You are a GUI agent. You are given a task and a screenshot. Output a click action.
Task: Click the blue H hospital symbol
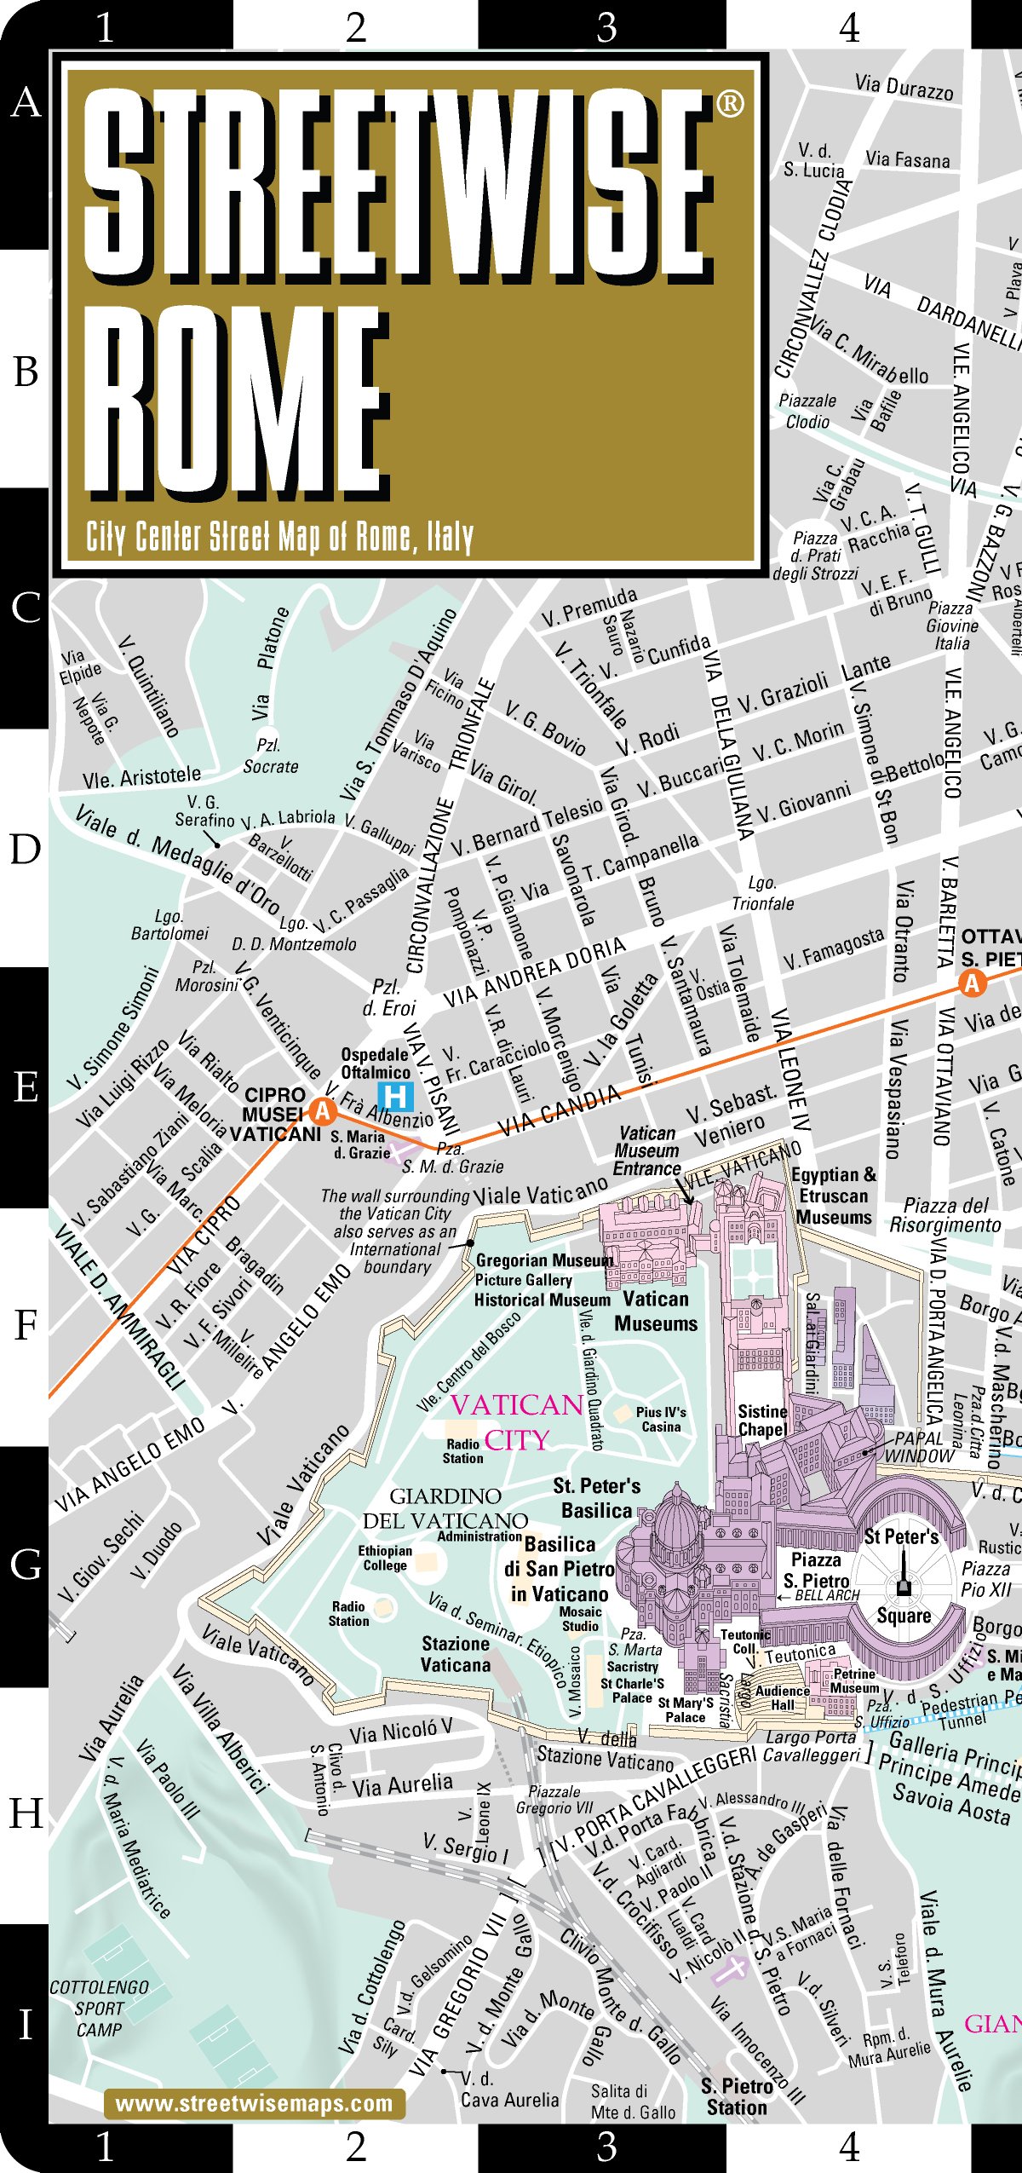(x=395, y=1096)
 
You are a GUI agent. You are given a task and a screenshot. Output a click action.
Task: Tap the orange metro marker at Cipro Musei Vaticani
(x=322, y=1110)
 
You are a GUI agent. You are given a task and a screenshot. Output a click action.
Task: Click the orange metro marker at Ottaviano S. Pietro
(x=972, y=983)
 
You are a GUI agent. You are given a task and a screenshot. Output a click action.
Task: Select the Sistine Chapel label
(x=762, y=1421)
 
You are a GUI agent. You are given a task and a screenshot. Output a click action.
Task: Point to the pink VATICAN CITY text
(x=517, y=1422)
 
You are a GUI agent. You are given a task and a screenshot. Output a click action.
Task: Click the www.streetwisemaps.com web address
(x=254, y=2103)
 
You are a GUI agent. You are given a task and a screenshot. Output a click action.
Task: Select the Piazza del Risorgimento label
(x=945, y=1215)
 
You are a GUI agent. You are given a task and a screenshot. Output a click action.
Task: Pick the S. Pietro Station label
(x=737, y=2097)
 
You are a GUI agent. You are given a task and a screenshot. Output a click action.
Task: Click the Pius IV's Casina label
(x=661, y=1419)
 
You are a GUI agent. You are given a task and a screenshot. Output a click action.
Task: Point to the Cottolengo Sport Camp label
(x=99, y=2009)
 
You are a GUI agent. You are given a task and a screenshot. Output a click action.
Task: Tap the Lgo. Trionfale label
(x=762, y=893)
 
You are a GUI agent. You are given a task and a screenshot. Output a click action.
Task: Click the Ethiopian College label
(x=385, y=1558)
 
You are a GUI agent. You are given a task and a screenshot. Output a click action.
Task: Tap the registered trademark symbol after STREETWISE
(x=730, y=104)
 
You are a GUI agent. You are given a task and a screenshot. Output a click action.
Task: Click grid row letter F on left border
(x=26, y=1325)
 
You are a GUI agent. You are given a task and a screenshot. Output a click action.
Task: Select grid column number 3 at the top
(x=606, y=27)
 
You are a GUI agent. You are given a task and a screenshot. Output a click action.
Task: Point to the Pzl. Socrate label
(x=270, y=756)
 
